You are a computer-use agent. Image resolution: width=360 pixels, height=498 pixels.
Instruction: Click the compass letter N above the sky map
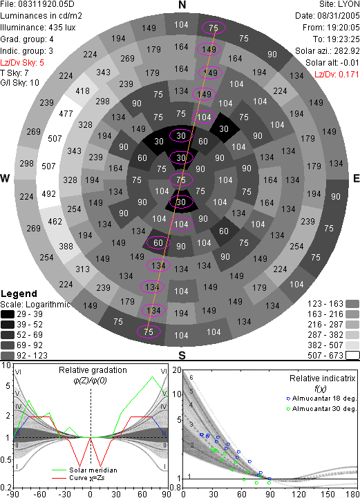(x=182, y=5)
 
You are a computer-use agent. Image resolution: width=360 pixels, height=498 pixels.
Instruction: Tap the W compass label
(x=5, y=178)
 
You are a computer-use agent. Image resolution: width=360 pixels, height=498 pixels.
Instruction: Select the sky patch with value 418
(x=82, y=91)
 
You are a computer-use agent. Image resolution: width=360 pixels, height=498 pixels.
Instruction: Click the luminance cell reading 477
(x=66, y=113)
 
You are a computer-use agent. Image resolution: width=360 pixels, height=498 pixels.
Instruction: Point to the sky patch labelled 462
(x=55, y=221)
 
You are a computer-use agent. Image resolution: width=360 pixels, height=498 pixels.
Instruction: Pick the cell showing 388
(x=66, y=246)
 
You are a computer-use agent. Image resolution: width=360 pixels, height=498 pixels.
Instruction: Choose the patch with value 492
(x=48, y=193)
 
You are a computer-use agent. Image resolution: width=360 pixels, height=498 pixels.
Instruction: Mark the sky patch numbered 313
(x=82, y=269)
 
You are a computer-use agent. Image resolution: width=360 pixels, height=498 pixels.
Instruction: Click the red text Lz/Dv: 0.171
(x=337, y=75)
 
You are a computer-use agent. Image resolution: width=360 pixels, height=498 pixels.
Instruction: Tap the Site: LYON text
(x=339, y=4)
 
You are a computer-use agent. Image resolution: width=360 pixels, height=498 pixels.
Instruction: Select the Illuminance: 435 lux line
(x=38, y=28)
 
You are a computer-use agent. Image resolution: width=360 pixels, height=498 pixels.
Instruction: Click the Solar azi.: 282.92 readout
(x=328, y=51)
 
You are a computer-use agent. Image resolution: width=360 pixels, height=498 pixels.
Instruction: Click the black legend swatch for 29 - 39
(x=8, y=314)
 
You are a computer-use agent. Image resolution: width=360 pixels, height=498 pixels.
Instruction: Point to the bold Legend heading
(x=19, y=294)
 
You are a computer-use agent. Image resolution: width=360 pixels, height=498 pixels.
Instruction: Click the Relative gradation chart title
(x=93, y=370)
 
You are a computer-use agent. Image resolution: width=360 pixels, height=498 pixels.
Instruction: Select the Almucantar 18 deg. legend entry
(x=321, y=399)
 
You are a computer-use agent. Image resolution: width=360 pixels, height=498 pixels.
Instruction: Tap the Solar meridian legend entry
(x=85, y=470)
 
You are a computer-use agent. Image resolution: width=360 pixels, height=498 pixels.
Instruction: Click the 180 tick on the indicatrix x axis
(x=353, y=494)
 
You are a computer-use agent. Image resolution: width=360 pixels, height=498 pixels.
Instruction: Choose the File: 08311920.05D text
(x=38, y=4)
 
